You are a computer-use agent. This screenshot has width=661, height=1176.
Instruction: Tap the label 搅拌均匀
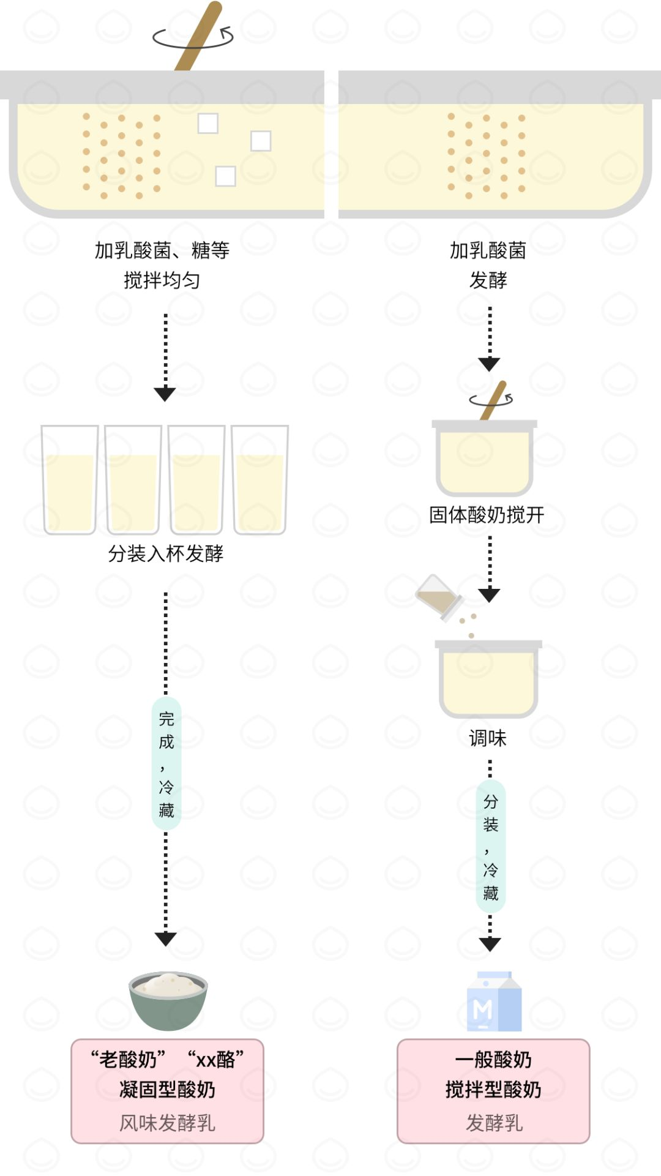click(162, 280)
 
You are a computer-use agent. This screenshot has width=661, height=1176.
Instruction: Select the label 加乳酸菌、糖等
click(162, 250)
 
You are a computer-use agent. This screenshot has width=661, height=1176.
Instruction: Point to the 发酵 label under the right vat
click(488, 280)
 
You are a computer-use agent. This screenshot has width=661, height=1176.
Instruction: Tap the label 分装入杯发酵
click(166, 553)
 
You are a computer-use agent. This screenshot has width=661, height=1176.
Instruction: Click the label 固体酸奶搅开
click(487, 515)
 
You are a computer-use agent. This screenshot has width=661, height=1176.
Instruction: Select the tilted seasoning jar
click(439, 597)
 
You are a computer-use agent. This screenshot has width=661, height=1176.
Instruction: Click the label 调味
click(488, 738)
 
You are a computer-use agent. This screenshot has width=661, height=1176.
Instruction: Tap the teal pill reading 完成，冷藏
click(166, 763)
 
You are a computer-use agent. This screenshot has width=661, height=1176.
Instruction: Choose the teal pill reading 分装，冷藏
click(491, 846)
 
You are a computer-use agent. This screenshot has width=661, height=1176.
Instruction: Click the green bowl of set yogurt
click(168, 1001)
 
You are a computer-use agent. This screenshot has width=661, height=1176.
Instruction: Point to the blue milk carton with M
click(494, 1002)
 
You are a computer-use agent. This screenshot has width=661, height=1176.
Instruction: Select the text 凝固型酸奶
click(167, 1090)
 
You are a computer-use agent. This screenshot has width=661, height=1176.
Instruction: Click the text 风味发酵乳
click(167, 1123)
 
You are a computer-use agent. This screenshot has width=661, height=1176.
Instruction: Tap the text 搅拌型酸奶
click(493, 1090)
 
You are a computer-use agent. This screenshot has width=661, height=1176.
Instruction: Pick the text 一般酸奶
click(493, 1059)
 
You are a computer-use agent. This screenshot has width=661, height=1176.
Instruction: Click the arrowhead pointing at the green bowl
click(166, 938)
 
